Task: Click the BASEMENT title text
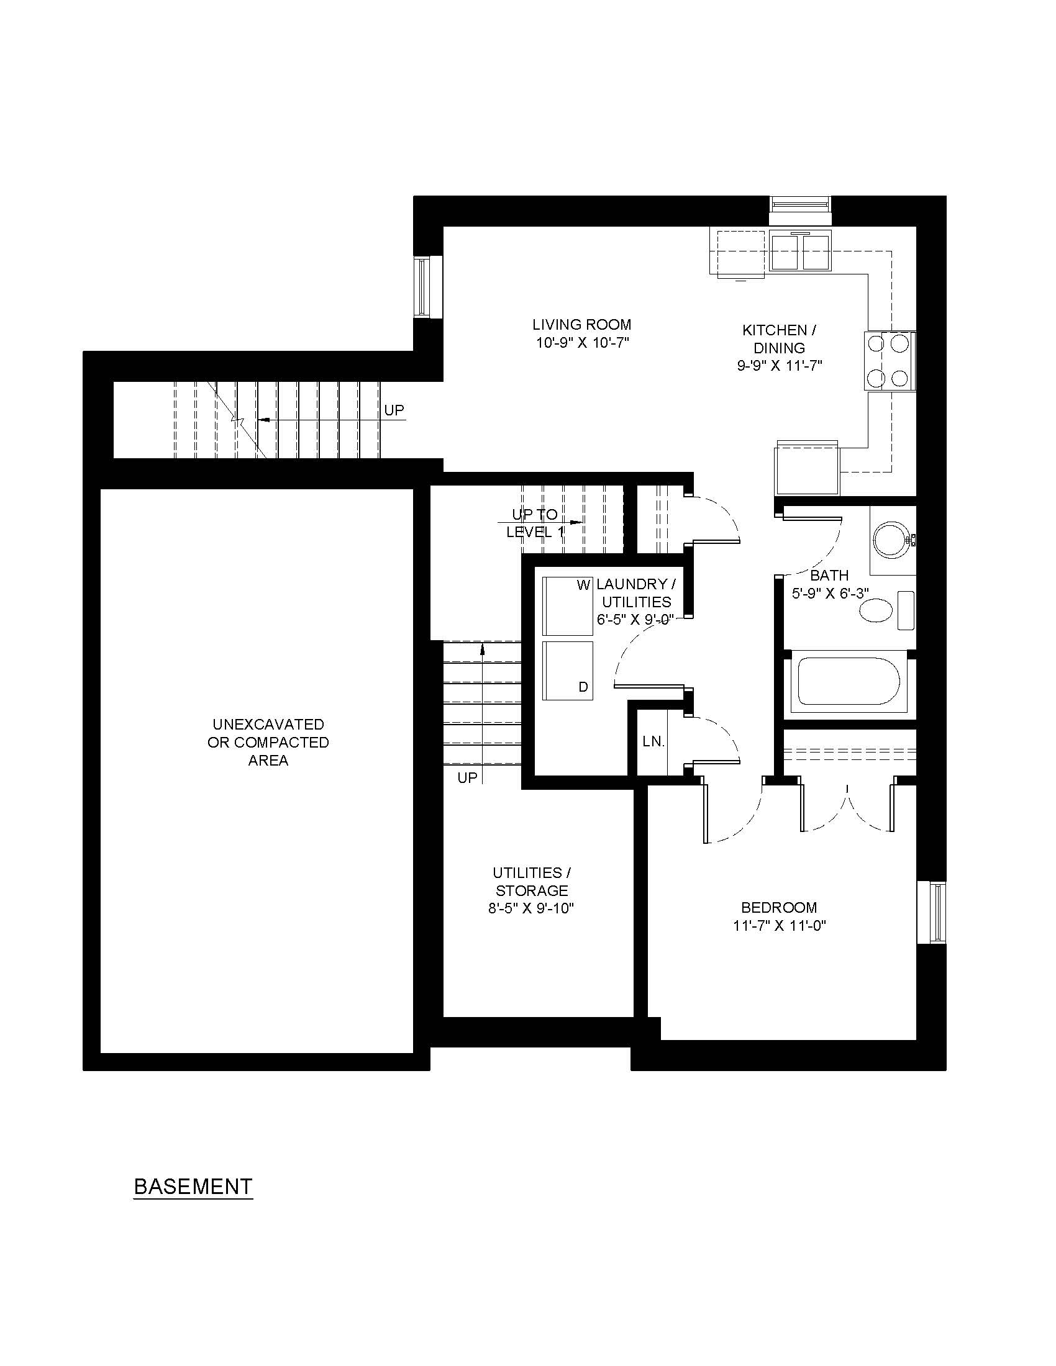tap(193, 1186)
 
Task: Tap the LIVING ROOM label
tap(582, 325)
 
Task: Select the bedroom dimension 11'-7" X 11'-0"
tap(780, 926)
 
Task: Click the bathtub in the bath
tap(849, 684)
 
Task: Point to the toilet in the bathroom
tap(886, 609)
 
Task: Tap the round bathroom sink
tap(893, 540)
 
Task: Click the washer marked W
tap(567, 605)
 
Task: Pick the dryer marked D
tap(567, 670)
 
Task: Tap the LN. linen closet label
tap(653, 742)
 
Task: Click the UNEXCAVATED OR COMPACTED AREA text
tap(268, 743)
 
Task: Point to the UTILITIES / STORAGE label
tap(532, 881)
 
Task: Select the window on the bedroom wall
tap(932, 913)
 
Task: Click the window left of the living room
tap(429, 287)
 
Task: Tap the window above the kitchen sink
tap(801, 210)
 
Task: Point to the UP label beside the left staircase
tap(394, 410)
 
